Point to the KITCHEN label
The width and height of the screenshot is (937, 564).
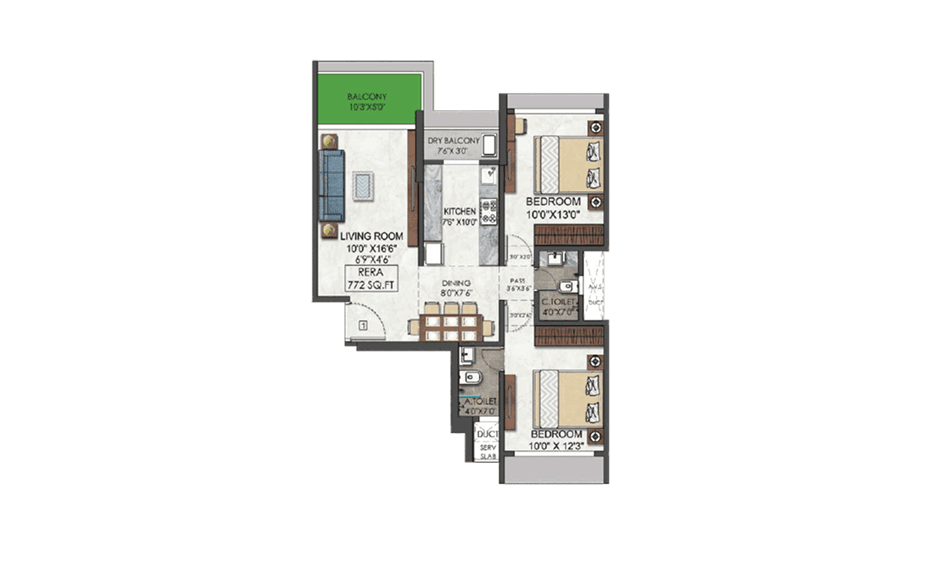click(x=459, y=211)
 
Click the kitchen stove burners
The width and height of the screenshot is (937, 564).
click(x=490, y=213)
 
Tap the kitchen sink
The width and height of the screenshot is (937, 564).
click(x=490, y=174)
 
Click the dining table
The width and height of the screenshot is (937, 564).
click(x=450, y=322)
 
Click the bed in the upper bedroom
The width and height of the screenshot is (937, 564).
click(x=570, y=165)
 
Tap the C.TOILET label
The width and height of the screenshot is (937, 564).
click(x=558, y=303)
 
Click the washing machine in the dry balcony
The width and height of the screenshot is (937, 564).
click(x=489, y=146)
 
